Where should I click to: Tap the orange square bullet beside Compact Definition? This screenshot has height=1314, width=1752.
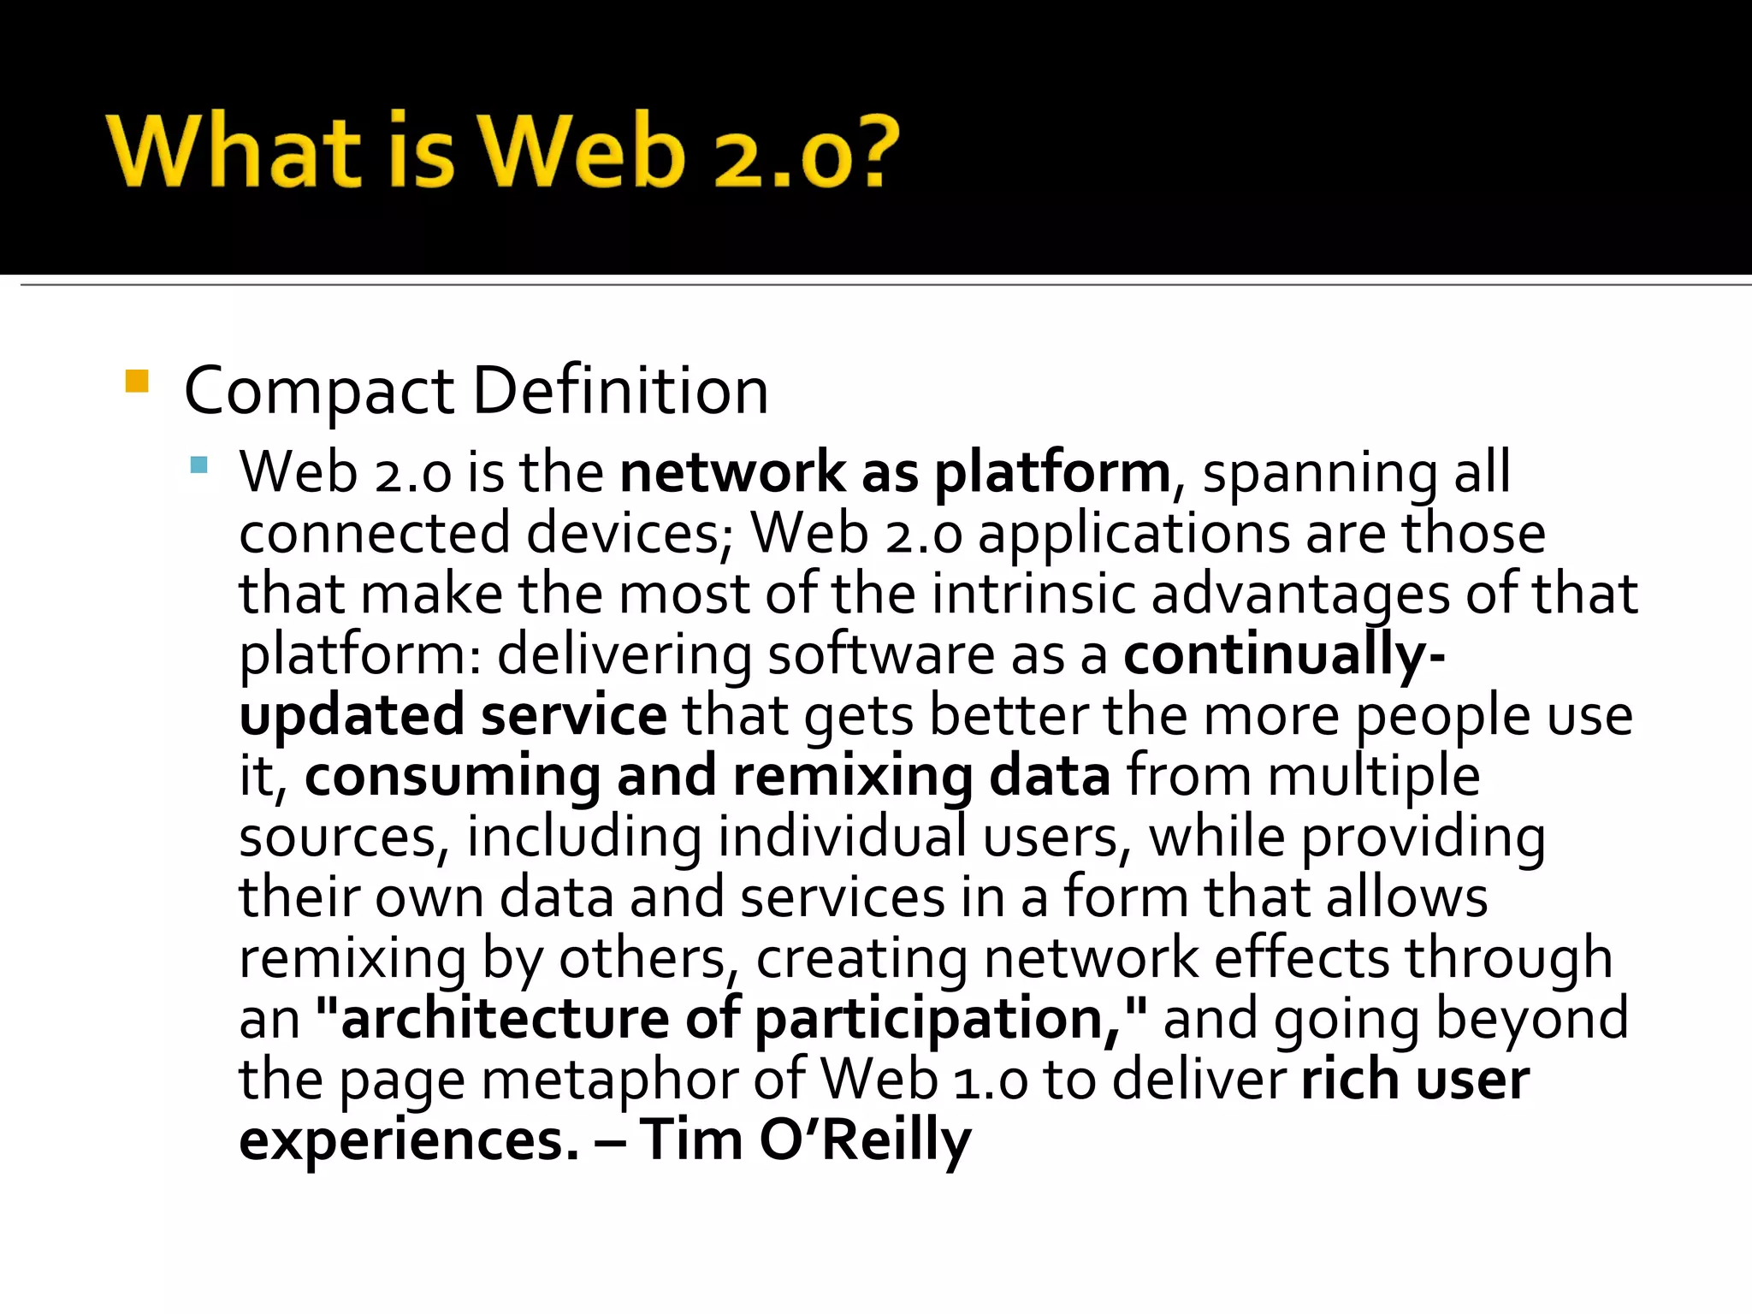[x=137, y=381]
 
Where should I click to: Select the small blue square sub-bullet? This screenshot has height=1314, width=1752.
[x=199, y=465]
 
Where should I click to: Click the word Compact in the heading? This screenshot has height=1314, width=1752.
[x=319, y=392]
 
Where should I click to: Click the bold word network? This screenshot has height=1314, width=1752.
[x=733, y=472]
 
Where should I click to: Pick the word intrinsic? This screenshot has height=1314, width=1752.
[x=1033, y=594]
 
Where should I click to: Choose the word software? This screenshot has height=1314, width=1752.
[x=881, y=655]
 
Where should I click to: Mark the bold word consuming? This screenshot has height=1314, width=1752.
[x=453, y=778]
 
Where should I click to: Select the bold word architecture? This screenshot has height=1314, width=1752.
[x=504, y=1019]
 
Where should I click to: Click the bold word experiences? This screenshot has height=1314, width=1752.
[x=409, y=1142]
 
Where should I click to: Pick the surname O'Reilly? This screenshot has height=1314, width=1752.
[x=865, y=1140]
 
